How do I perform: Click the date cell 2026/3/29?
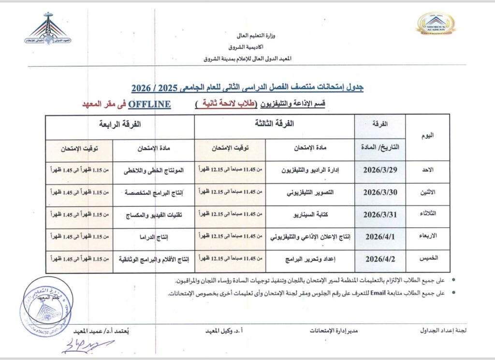point(379,170)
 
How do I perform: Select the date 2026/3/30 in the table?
point(379,192)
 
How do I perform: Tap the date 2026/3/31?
point(379,215)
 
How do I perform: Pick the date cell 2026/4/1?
point(379,237)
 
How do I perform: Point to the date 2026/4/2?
point(379,259)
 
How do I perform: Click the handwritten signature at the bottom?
point(87,345)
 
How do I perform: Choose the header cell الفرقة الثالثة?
point(274,124)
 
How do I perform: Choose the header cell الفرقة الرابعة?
point(120,124)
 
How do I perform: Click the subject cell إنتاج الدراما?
point(153,237)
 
